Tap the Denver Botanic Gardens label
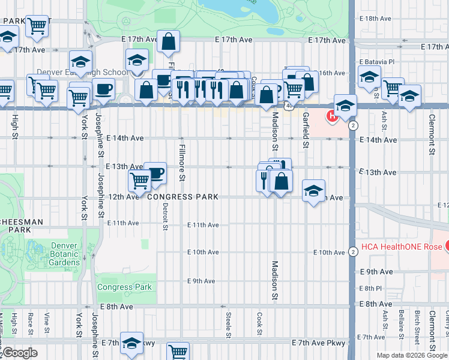point(57,254)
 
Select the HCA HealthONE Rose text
point(397,247)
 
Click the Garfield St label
point(306,130)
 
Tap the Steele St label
point(229,325)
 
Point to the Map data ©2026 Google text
point(411,355)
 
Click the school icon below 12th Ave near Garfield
point(313,191)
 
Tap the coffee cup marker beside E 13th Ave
point(155,173)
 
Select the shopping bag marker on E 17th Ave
point(169,41)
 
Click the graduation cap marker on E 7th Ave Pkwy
point(131,343)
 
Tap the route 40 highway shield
point(289,106)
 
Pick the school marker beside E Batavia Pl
point(369,77)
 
